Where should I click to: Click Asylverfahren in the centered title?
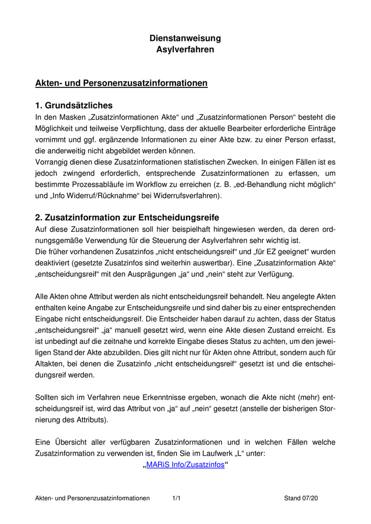coord(185,50)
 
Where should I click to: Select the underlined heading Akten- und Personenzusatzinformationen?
coord(121,83)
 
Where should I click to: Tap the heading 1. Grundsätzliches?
coord(74,105)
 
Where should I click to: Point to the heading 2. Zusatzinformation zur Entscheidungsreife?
coord(127,217)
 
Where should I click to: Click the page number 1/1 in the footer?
coord(176,498)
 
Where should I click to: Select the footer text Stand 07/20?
coord(301,498)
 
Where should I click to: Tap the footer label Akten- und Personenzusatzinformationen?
coord(92,498)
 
